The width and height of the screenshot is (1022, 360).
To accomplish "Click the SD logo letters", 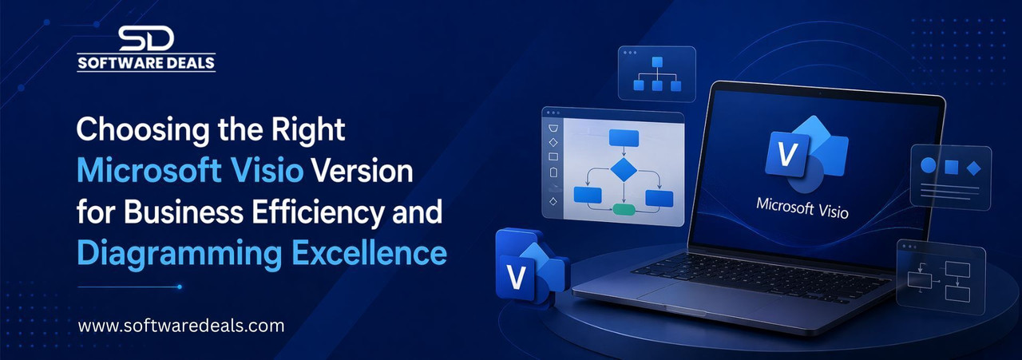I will pyautogui.click(x=145, y=39).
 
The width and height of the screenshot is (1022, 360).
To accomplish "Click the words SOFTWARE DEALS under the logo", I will pyautogui.click(x=146, y=62).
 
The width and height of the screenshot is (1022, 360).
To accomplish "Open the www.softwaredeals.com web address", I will pyautogui.click(x=181, y=326).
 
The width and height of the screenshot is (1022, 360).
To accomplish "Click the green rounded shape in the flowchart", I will pyautogui.click(x=623, y=210).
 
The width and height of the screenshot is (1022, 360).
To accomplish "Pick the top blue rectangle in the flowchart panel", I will pyautogui.click(x=624, y=137).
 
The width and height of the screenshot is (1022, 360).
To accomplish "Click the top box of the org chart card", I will pyautogui.click(x=657, y=62).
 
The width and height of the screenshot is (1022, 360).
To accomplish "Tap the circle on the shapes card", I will pyautogui.click(x=929, y=167).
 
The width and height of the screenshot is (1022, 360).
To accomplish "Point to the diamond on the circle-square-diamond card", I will pyautogui.click(x=972, y=167).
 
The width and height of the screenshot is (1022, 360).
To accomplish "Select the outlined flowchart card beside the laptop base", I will pyautogui.click(x=941, y=276).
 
